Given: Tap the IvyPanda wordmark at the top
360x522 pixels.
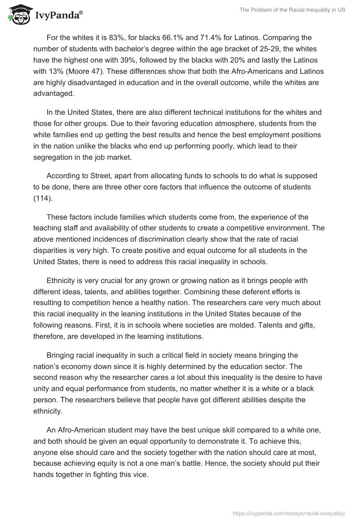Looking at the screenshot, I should pyautogui.click(x=58, y=15).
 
